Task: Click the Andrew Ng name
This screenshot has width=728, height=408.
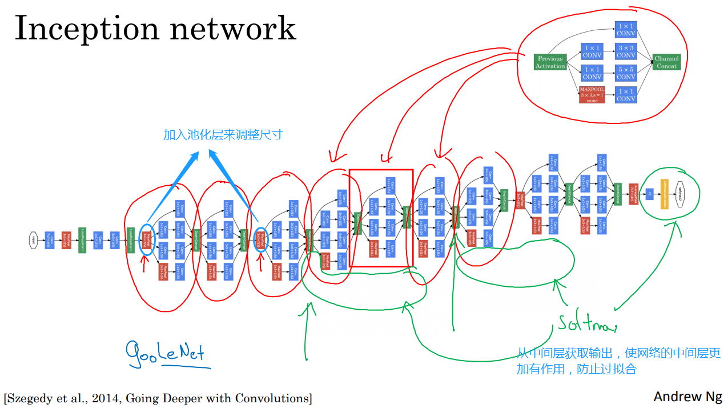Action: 687,396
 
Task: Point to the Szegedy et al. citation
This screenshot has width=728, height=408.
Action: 158,398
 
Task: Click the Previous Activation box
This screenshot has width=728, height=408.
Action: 550,62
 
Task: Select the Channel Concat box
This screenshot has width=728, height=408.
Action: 666,62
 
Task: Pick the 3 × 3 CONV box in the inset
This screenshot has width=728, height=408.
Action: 626,51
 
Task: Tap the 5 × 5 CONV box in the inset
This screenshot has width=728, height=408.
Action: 626,73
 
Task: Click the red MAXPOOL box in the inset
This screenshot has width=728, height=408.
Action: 592,94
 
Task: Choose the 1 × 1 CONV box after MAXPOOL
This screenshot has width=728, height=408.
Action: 626,94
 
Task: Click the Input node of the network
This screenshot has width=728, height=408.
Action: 34,239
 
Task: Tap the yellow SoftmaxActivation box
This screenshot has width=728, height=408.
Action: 664,194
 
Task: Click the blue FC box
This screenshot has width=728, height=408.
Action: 649,194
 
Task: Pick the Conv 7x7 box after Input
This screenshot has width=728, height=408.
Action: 50,239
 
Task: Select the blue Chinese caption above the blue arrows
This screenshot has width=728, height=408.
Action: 223,135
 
